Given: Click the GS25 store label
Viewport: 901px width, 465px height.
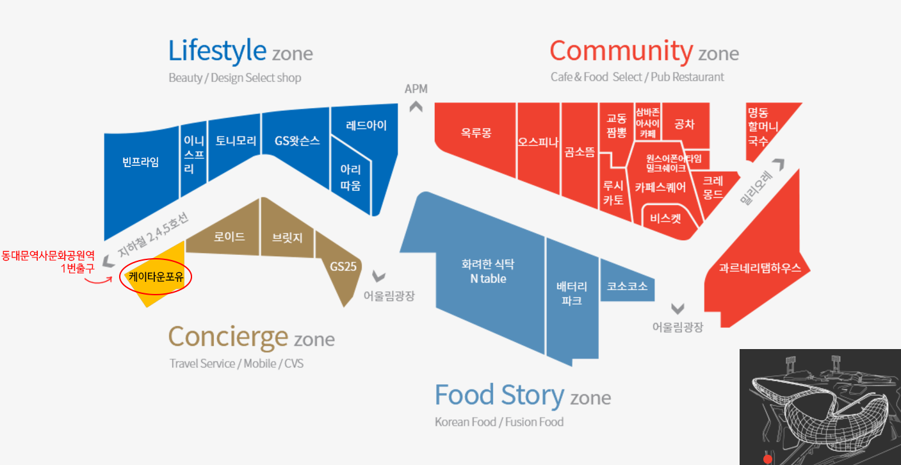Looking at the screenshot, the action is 343,266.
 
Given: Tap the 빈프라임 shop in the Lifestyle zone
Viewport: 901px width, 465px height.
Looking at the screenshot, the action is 140,161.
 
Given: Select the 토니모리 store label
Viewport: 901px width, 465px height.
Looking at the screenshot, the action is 236,140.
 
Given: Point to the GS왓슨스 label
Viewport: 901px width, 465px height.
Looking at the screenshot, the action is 297,141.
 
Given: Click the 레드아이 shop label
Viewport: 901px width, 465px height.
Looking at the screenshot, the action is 366,125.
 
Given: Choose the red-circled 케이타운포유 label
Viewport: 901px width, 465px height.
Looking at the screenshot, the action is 156,277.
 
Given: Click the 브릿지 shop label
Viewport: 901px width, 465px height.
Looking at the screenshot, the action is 287,238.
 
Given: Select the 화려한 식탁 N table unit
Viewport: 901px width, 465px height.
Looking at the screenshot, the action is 488,271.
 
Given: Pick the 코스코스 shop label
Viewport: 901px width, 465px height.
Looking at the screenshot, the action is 627,286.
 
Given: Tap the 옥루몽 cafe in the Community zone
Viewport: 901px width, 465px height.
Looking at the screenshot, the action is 476,133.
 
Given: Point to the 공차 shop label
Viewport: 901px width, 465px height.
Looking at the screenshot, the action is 684,124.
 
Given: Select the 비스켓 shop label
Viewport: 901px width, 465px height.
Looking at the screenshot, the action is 665,218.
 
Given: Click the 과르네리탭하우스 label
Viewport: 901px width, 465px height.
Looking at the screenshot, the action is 759,268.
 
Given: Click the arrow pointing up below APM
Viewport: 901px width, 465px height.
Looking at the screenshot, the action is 416,107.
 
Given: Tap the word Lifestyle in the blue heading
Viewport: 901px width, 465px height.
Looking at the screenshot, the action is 217,51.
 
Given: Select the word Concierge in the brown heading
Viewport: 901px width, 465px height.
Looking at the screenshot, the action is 228,336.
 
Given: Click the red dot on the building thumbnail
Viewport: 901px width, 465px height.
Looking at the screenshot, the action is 767,459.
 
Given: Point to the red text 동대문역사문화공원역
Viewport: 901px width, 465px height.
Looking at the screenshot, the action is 48,256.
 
